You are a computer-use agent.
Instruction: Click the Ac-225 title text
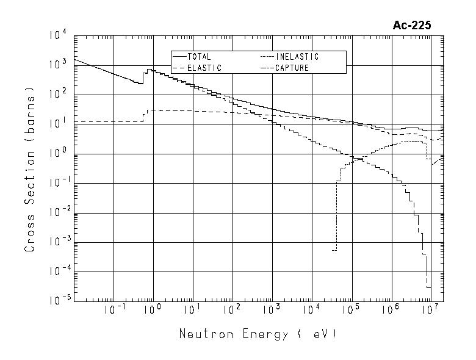412,26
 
